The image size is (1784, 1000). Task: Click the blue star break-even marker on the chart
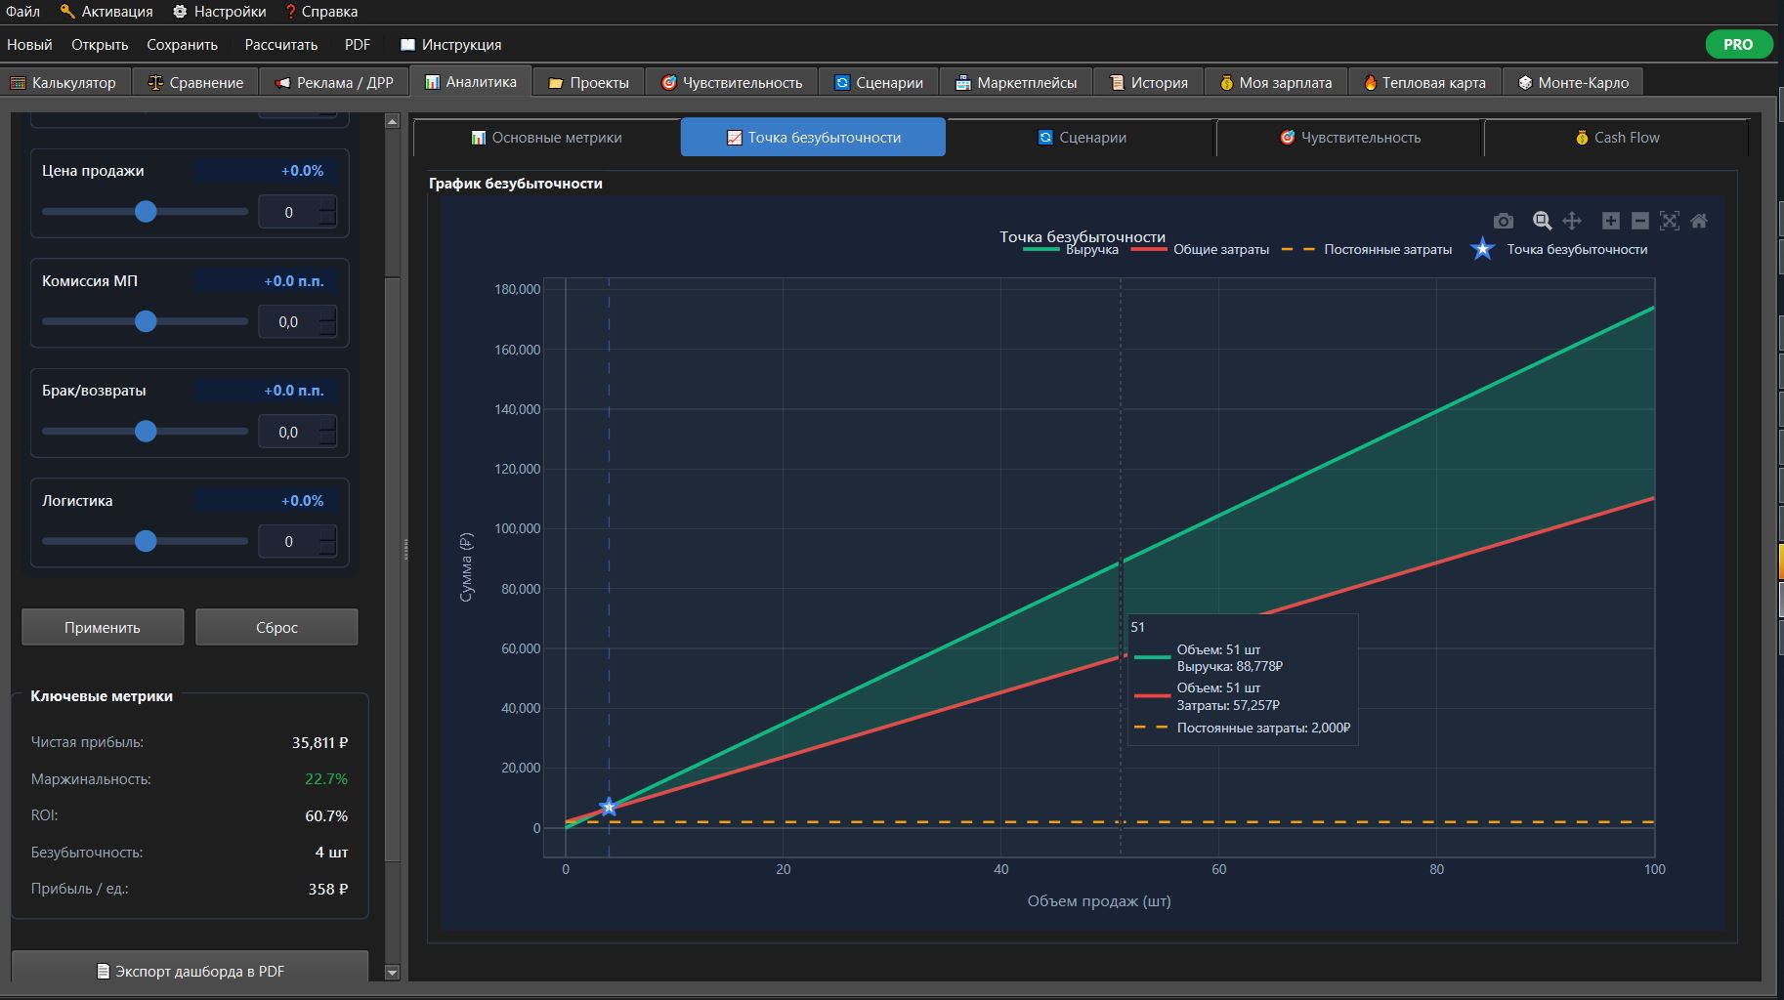(x=609, y=807)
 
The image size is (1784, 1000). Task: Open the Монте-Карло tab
(x=1573, y=83)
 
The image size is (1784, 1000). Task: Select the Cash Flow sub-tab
(x=1616, y=138)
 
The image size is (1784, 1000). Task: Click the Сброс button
(x=276, y=627)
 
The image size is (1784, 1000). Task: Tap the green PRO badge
(x=1738, y=44)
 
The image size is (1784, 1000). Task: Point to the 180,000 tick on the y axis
(x=518, y=289)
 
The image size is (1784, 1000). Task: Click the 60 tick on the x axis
(x=1218, y=869)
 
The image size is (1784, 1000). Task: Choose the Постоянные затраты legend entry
(x=1367, y=250)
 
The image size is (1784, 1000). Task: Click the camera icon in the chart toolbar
(x=1504, y=221)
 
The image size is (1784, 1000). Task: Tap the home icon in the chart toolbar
(x=1699, y=221)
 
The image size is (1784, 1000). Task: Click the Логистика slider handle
(x=146, y=541)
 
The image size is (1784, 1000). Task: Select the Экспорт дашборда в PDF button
(x=191, y=971)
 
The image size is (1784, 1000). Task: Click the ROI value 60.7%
(x=326, y=816)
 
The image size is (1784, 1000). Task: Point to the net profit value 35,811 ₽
(x=319, y=743)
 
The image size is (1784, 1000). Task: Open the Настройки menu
(x=220, y=12)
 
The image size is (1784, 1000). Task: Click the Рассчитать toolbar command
(x=281, y=45)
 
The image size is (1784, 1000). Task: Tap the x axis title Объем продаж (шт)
(x=1099, y=901)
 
